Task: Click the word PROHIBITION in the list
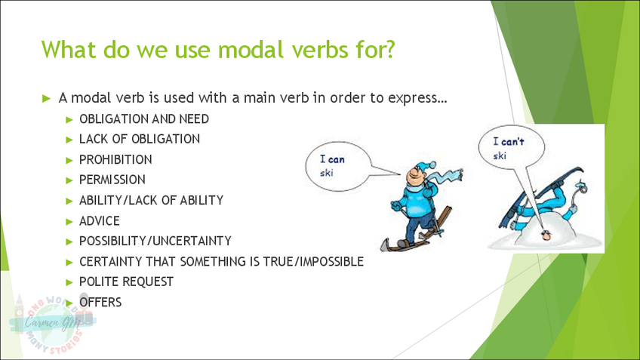coord(115,159)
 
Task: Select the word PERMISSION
coord(112,180)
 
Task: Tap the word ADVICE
coord(100,221)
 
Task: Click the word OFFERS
coord(100,302)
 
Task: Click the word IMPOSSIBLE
coord(332,261)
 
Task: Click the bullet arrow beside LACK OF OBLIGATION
coord(69,140)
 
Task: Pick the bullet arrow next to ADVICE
coord(69,222)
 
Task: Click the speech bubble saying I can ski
coord(339,166)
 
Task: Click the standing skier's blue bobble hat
coord(423,167)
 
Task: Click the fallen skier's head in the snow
coord(546,235)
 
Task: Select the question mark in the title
coord(389,49)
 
